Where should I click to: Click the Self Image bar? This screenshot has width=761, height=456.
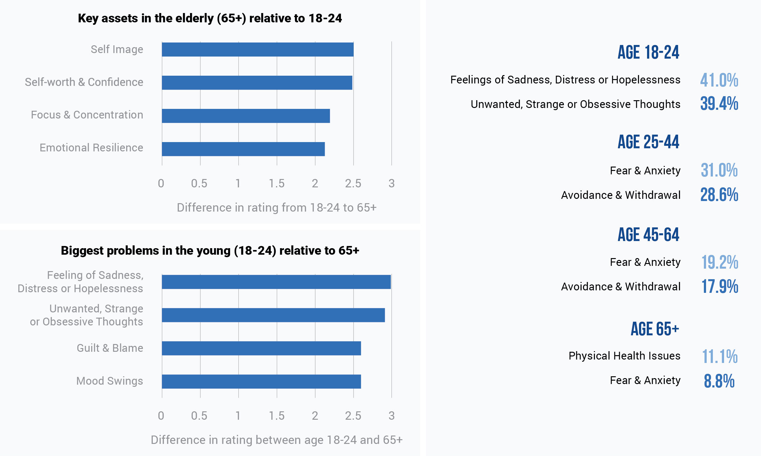(x=257, y=50)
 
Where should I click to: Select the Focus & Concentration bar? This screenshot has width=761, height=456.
(x=246, y=116)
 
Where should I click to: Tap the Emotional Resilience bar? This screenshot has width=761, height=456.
(x=243, y=149)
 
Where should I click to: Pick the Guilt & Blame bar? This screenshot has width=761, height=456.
(x=261, y=348)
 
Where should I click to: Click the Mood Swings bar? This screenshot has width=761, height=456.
(x=261, y=381)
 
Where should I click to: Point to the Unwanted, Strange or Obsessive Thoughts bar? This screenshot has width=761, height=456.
(x=273, y=315)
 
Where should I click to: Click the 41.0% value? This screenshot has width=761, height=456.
(x=719, y=80)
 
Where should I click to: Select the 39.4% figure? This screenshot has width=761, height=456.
(x=719, y=104)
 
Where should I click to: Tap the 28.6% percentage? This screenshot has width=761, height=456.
(x=719, y=195)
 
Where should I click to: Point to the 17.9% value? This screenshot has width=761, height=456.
(x=719, y=286)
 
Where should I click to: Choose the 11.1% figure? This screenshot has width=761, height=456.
(x=719, y=356)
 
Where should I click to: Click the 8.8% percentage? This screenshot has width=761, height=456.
(x=719, y=381)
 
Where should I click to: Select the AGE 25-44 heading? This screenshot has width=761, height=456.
(x=648, y=142)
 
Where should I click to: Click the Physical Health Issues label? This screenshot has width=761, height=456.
(x=624, y=356)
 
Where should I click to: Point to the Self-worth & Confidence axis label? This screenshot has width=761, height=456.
(x=84, y=82)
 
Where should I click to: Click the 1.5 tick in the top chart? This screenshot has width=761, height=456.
(x=276, y=183)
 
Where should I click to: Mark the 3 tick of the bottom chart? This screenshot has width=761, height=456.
(x=392, y=416)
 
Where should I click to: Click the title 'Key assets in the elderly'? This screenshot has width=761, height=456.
(x=210, y=18)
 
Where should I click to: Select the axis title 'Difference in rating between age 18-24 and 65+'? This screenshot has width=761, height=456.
(x=276, y=440)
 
